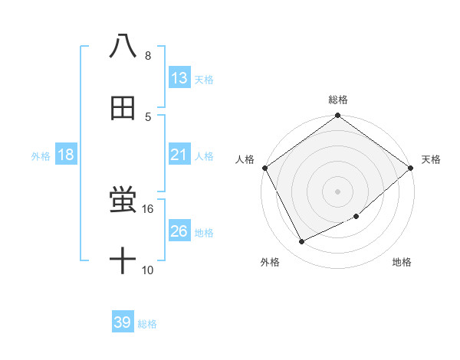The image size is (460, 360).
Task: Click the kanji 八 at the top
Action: click(x=123, y=46)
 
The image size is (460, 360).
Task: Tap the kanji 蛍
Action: click(x=123, y=201)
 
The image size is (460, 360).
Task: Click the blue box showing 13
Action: click(x=179, y=77)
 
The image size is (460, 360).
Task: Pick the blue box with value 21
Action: click(x=179, y=154)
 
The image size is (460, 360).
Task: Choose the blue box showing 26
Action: click(x=179, y=231)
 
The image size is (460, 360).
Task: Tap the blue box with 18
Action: click(x=66, y=155)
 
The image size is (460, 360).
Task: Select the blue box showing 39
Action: click(x=123, y=322)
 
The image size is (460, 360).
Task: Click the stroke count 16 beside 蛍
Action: click(x=148, y=208)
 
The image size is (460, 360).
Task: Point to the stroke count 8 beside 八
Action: click(x=148, y=55)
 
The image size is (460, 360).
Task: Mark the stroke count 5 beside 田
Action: click(x=148, y=116)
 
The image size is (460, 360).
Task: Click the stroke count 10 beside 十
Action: click(x=148, y=270)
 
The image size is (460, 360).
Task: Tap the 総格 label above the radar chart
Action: click(x=338, y=100)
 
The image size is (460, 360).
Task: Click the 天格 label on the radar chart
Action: click(x=431, y=159)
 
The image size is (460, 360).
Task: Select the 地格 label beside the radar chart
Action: click(x=402, y=262)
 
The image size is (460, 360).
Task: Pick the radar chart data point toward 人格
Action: click(x=264, y=168)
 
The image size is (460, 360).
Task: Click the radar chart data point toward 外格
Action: click(x=302, y=242)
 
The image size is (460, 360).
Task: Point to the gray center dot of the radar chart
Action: click(x=338, y=191)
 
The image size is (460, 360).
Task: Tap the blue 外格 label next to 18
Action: click(x=41, y=155)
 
